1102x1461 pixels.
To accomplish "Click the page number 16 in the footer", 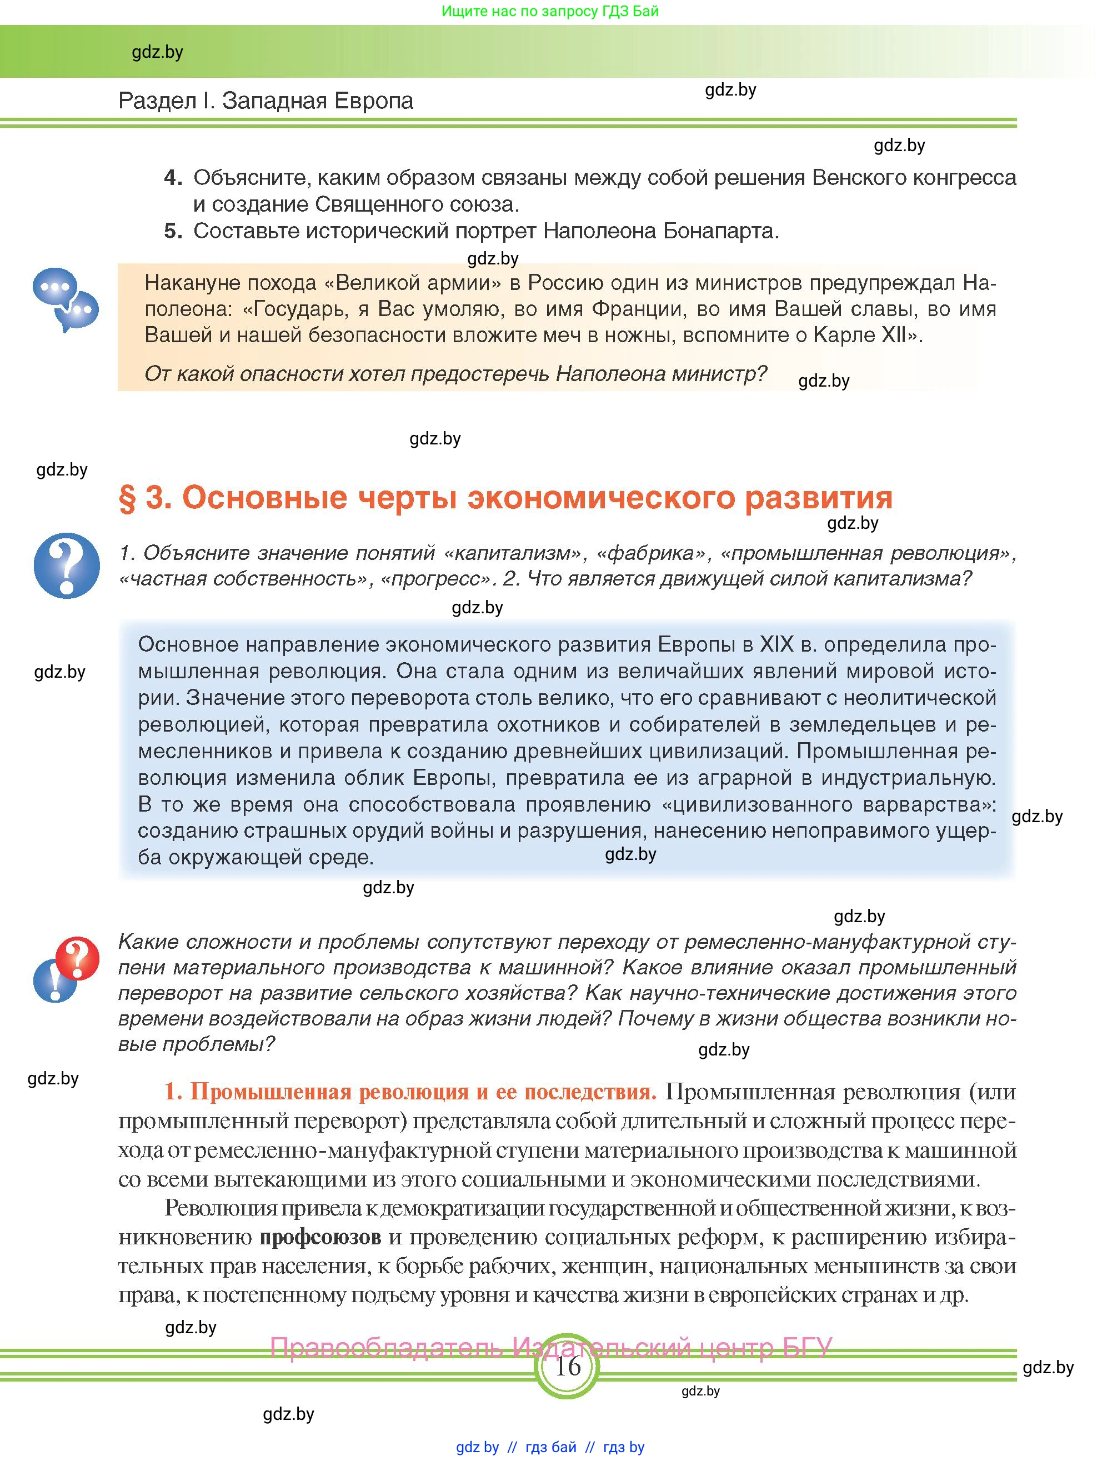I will [567, 1366].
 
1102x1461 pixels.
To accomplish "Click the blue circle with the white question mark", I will [67, 566].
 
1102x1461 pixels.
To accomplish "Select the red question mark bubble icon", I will [77, 957].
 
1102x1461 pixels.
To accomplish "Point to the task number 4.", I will [172, 178].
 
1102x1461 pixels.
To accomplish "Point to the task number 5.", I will [172, 231].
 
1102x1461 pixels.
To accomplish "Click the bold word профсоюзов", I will [320, 1237].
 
